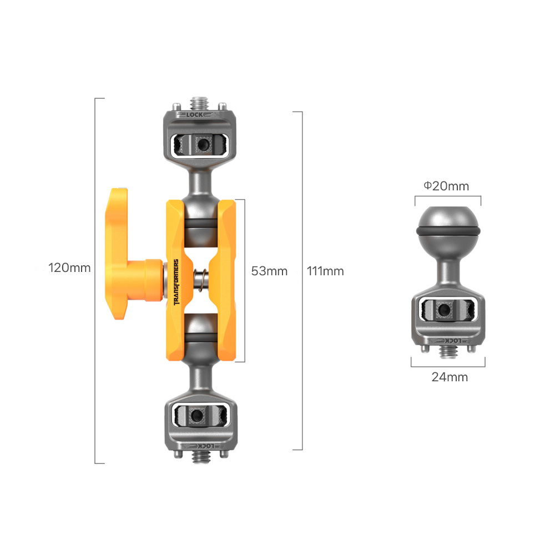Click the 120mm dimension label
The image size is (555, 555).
click(x=69, y=268)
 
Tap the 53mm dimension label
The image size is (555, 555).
click(x=269, y=271)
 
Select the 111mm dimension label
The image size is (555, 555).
click(x=325, y=271)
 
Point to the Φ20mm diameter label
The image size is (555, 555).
click(x=446, y=186)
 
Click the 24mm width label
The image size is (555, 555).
click(x=450, y=377)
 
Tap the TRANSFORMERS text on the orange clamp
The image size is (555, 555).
click(x=176, y=282)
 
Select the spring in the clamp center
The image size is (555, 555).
click(x=201, y=281)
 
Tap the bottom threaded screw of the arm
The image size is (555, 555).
click(x=201, y=457)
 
